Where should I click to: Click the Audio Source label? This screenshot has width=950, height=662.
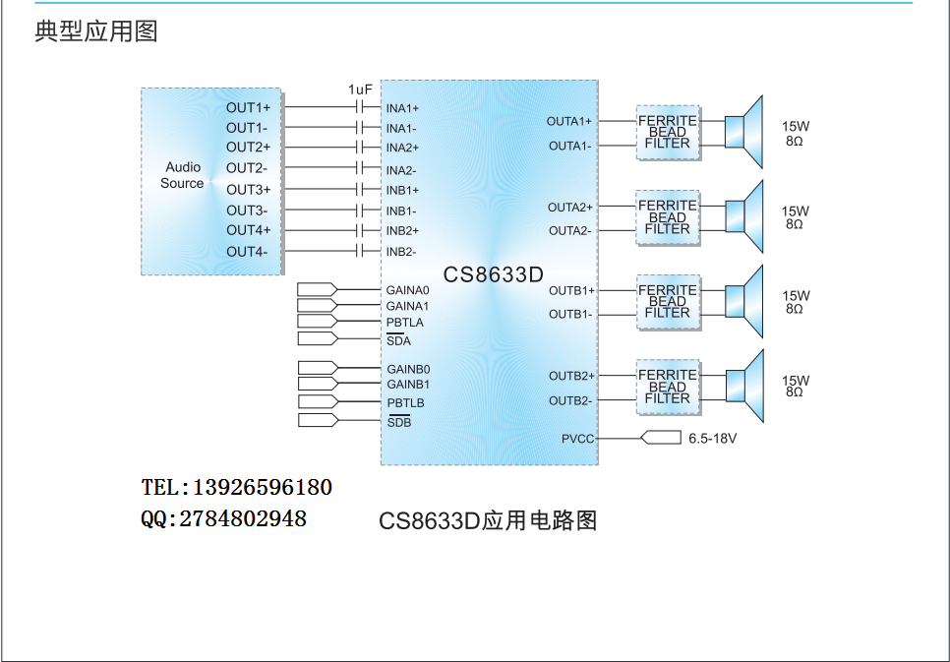(182, 175)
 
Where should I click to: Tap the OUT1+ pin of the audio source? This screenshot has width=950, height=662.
(249, 108)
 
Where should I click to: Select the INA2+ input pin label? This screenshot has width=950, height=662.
(403, 148)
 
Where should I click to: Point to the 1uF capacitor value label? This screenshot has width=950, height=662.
(360, 90)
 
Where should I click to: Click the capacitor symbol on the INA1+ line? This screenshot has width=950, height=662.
(360, 107)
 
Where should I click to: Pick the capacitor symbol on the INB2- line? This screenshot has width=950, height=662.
(360, 251)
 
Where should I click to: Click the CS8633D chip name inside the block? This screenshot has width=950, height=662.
(493, 274)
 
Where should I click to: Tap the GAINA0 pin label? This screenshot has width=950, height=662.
(408, 290)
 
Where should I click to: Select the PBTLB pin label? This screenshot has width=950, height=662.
(405, 402)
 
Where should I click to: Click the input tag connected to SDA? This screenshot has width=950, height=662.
(318, 338)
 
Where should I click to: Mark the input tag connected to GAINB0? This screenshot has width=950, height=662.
(318, 368)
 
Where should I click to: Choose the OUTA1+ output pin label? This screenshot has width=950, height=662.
(568, 121)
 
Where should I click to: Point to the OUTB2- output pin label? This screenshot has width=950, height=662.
(570, 400)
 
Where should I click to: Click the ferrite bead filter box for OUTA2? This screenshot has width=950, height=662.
(668, 217)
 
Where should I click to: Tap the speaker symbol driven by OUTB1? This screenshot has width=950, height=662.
(744, 301)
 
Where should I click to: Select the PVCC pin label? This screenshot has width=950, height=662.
(577, 439)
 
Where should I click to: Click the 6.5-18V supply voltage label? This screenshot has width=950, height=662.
(712, 439)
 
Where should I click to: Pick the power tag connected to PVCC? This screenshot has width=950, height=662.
(661, 437)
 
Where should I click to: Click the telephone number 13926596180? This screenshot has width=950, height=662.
(263, 488)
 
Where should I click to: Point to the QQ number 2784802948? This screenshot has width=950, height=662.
(243, 519)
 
